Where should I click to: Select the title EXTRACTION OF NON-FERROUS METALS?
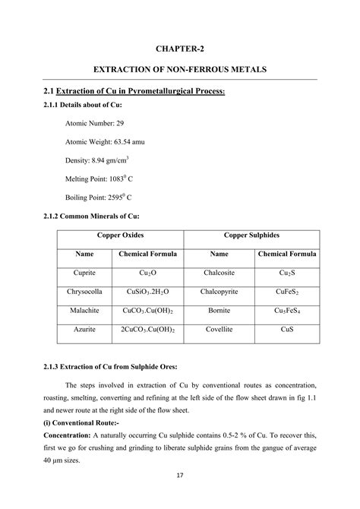point(180,69)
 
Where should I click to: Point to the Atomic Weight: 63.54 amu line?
point(108,141)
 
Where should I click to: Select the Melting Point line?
point(100,179)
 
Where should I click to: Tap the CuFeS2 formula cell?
point(287,291)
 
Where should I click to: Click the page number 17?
point(180,496)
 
